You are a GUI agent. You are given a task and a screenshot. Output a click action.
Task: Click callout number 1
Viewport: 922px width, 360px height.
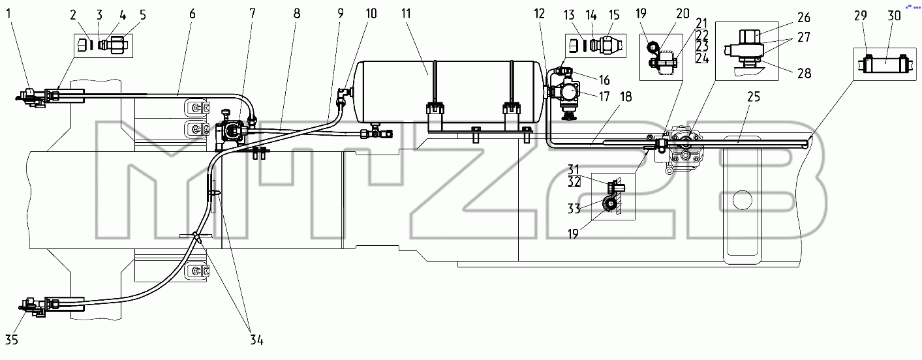click(x=9, y=14)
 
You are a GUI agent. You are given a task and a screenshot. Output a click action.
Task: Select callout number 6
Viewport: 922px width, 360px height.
click(x=192, y=14)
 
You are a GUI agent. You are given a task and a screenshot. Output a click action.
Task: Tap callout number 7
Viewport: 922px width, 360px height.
click(x=253, y=14)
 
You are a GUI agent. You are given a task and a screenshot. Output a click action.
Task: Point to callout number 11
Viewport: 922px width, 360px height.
click(x=406, y=14)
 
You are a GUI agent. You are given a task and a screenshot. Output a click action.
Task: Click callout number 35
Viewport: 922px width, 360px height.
click(x=12, y=340)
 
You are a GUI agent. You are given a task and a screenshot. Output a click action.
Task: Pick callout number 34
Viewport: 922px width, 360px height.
click(x=256, y=340)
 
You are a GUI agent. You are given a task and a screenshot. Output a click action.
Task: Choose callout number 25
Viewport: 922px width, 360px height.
click(x=753, y=97)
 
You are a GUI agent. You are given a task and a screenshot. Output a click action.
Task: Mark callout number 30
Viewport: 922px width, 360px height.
click(x=894, y=16)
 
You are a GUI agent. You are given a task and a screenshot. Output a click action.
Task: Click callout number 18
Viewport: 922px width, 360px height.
click(x=626, y=97)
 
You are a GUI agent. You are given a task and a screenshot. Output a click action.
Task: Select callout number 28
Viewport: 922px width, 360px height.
click(x=804, y=73)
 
